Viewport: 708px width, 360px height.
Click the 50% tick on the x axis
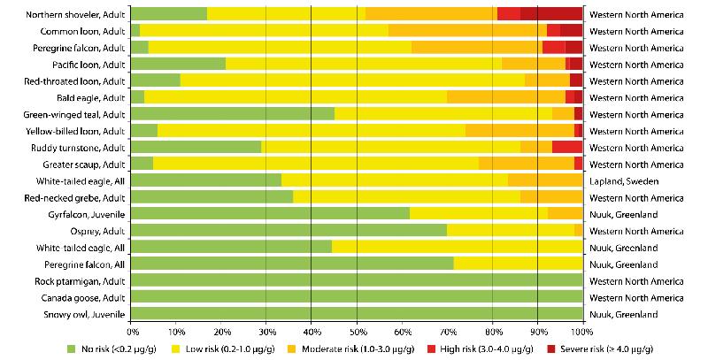point(357,333)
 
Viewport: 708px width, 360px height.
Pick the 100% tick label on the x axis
point(581,333)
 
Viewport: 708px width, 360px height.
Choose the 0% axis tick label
point(132,333)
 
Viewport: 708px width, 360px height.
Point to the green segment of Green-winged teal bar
point(233,114)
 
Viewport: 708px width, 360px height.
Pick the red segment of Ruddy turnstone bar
point(566,147)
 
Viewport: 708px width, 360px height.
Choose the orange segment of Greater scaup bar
point(527,164)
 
